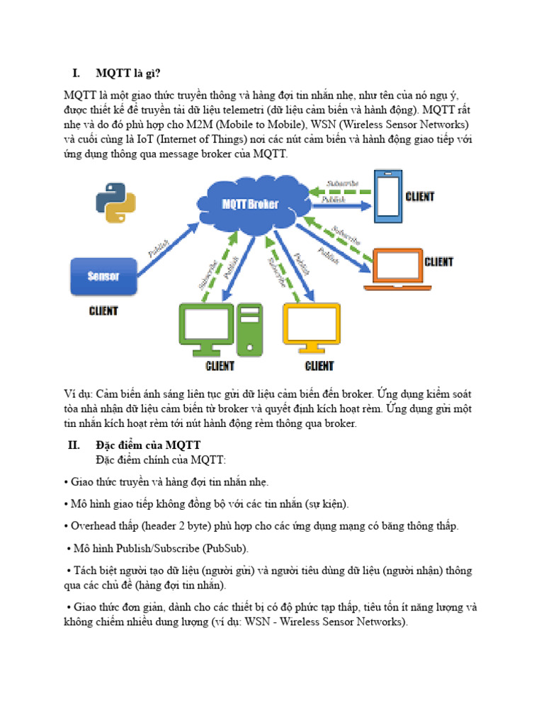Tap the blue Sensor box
pyautogui.click(x=103, y=276)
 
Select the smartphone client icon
pyautogui.click(x=388, y=196)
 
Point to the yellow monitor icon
pyautogui.click(x=310, y=327)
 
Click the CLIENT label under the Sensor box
pyautogui.click(x=103, y=310)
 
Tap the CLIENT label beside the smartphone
pyautogui.click(x=420, y=196)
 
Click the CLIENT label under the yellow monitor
pyautogui.click(x=319, y=366)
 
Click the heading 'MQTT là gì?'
pyautogui.click(x=133, y=73)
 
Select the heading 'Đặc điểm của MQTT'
pyautogui.click(x=148, y=445)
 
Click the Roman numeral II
pyautogui.click(x=74, y=445)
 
